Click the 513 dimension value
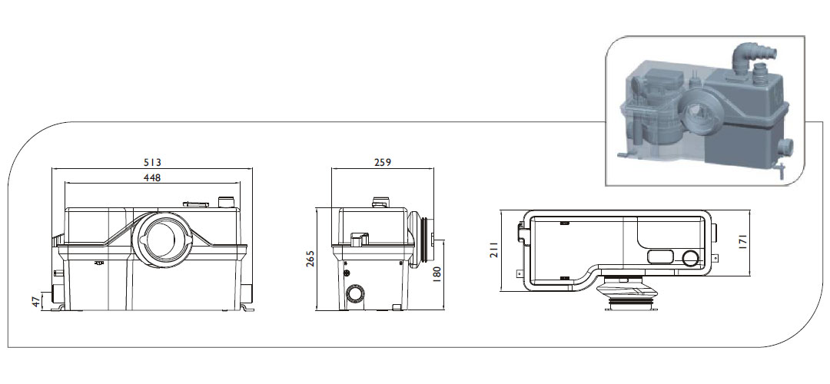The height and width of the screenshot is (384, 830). [151, 162]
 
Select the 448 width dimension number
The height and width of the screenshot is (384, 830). [152, 177]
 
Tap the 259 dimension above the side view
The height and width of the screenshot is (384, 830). [382, 162]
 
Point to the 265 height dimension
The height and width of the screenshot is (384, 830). [310, 259]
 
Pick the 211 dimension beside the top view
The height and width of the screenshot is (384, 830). [493, 250]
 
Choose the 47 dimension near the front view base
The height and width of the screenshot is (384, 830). [36, 302]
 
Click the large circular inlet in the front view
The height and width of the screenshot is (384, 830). [162, 239]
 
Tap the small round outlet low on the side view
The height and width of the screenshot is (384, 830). [354, 294]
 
